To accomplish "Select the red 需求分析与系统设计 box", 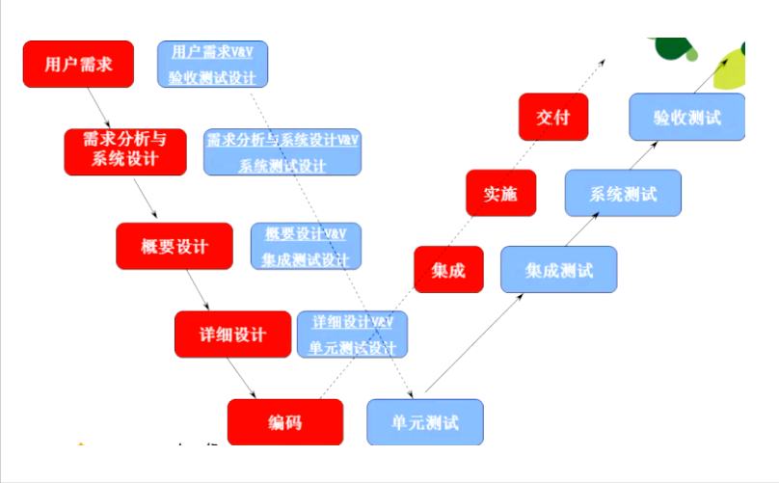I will click(x=125, y=151).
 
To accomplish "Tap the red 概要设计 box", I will click(x=175, y=247).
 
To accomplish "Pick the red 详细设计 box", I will click(x=232, y=335).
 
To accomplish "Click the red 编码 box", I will click(x=285, y=422).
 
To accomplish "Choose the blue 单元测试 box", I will click(x=424, y=422).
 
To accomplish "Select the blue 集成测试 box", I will click(x=558, y=270).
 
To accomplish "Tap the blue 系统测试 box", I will click(x=623, y=193).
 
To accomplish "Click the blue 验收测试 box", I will click(x=686, y=118).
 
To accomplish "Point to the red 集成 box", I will click(x=448, y=270).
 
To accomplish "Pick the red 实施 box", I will click(x=500, y=193).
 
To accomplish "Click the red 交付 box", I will click(x=552, y=118).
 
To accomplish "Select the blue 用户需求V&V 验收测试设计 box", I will click(x=213, y=64).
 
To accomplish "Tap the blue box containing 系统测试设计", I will click(x=282, y=151).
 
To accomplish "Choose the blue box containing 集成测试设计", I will click(x=306, y=247).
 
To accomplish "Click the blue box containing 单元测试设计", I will click(x=352, y=335).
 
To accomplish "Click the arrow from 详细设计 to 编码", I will click(x=243, y=378).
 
